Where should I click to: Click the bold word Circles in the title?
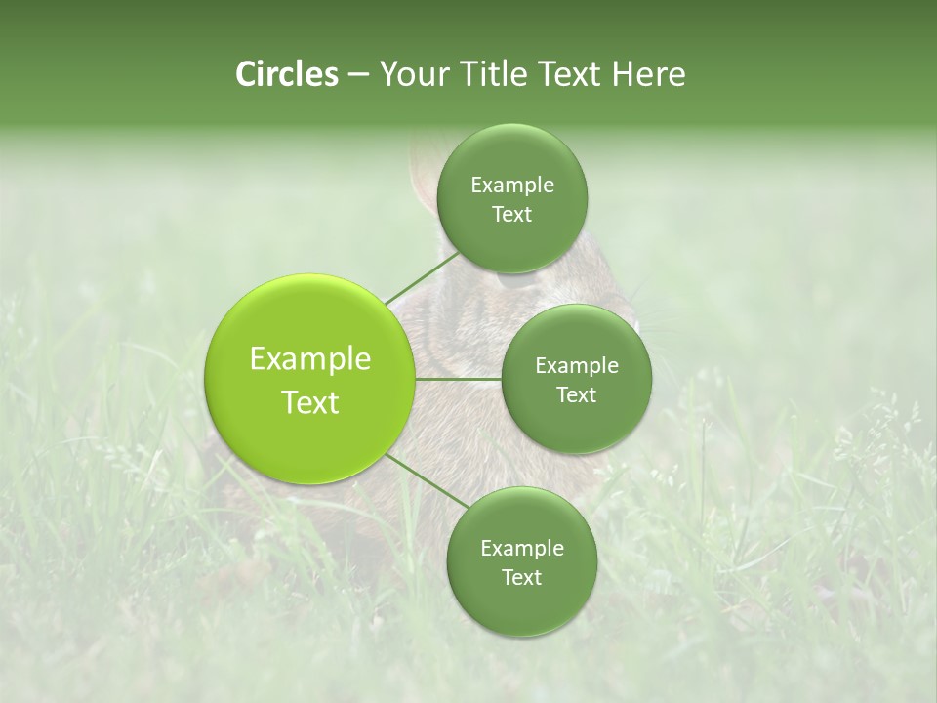click(286, 74)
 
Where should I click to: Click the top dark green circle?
click(511, 198)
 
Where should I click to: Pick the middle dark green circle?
click(576, 379)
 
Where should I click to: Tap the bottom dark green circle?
click(521, 561)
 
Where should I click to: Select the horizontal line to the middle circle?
click(458, 378)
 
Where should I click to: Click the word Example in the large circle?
click(310, 359)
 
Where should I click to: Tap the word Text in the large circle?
click(310, 402)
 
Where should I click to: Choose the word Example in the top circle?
click(512, 185)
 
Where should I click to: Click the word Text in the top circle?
click(511, 214)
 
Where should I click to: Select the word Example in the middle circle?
click(577, 365)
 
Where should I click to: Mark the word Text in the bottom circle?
click(521, 577)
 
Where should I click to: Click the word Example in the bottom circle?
click(522, 548)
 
